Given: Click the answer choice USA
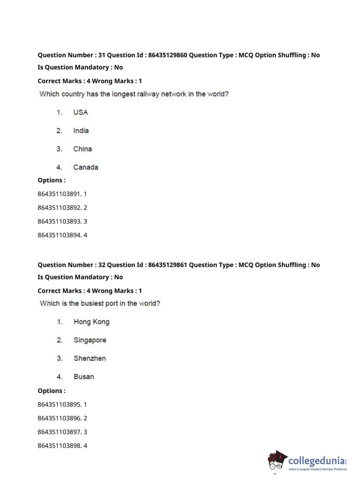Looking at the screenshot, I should [81, 112].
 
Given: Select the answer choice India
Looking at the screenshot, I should [81, 131].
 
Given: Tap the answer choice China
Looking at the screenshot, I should [82, 149].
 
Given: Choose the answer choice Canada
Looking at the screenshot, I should [86, 167].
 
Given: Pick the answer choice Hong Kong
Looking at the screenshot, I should [91, 322].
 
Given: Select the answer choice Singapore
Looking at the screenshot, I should [90, 340].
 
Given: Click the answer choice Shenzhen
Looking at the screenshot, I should [90, 358].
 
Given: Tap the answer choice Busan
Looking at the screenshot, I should [84, 377].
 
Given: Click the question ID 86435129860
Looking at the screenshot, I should [168, 55].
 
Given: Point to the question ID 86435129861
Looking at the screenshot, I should [168, 265].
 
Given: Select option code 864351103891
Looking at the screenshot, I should [59, 194].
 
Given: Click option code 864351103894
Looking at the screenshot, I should [59, 235].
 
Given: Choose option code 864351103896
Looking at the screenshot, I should [59, 418].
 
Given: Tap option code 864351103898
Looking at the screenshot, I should [59, 446].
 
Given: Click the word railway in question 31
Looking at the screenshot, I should [147, 94].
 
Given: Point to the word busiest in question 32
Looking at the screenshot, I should [92, 303].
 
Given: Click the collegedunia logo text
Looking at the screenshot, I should [316, 461].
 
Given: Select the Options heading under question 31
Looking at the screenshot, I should [51, 180].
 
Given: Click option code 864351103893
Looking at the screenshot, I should [59, 222].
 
